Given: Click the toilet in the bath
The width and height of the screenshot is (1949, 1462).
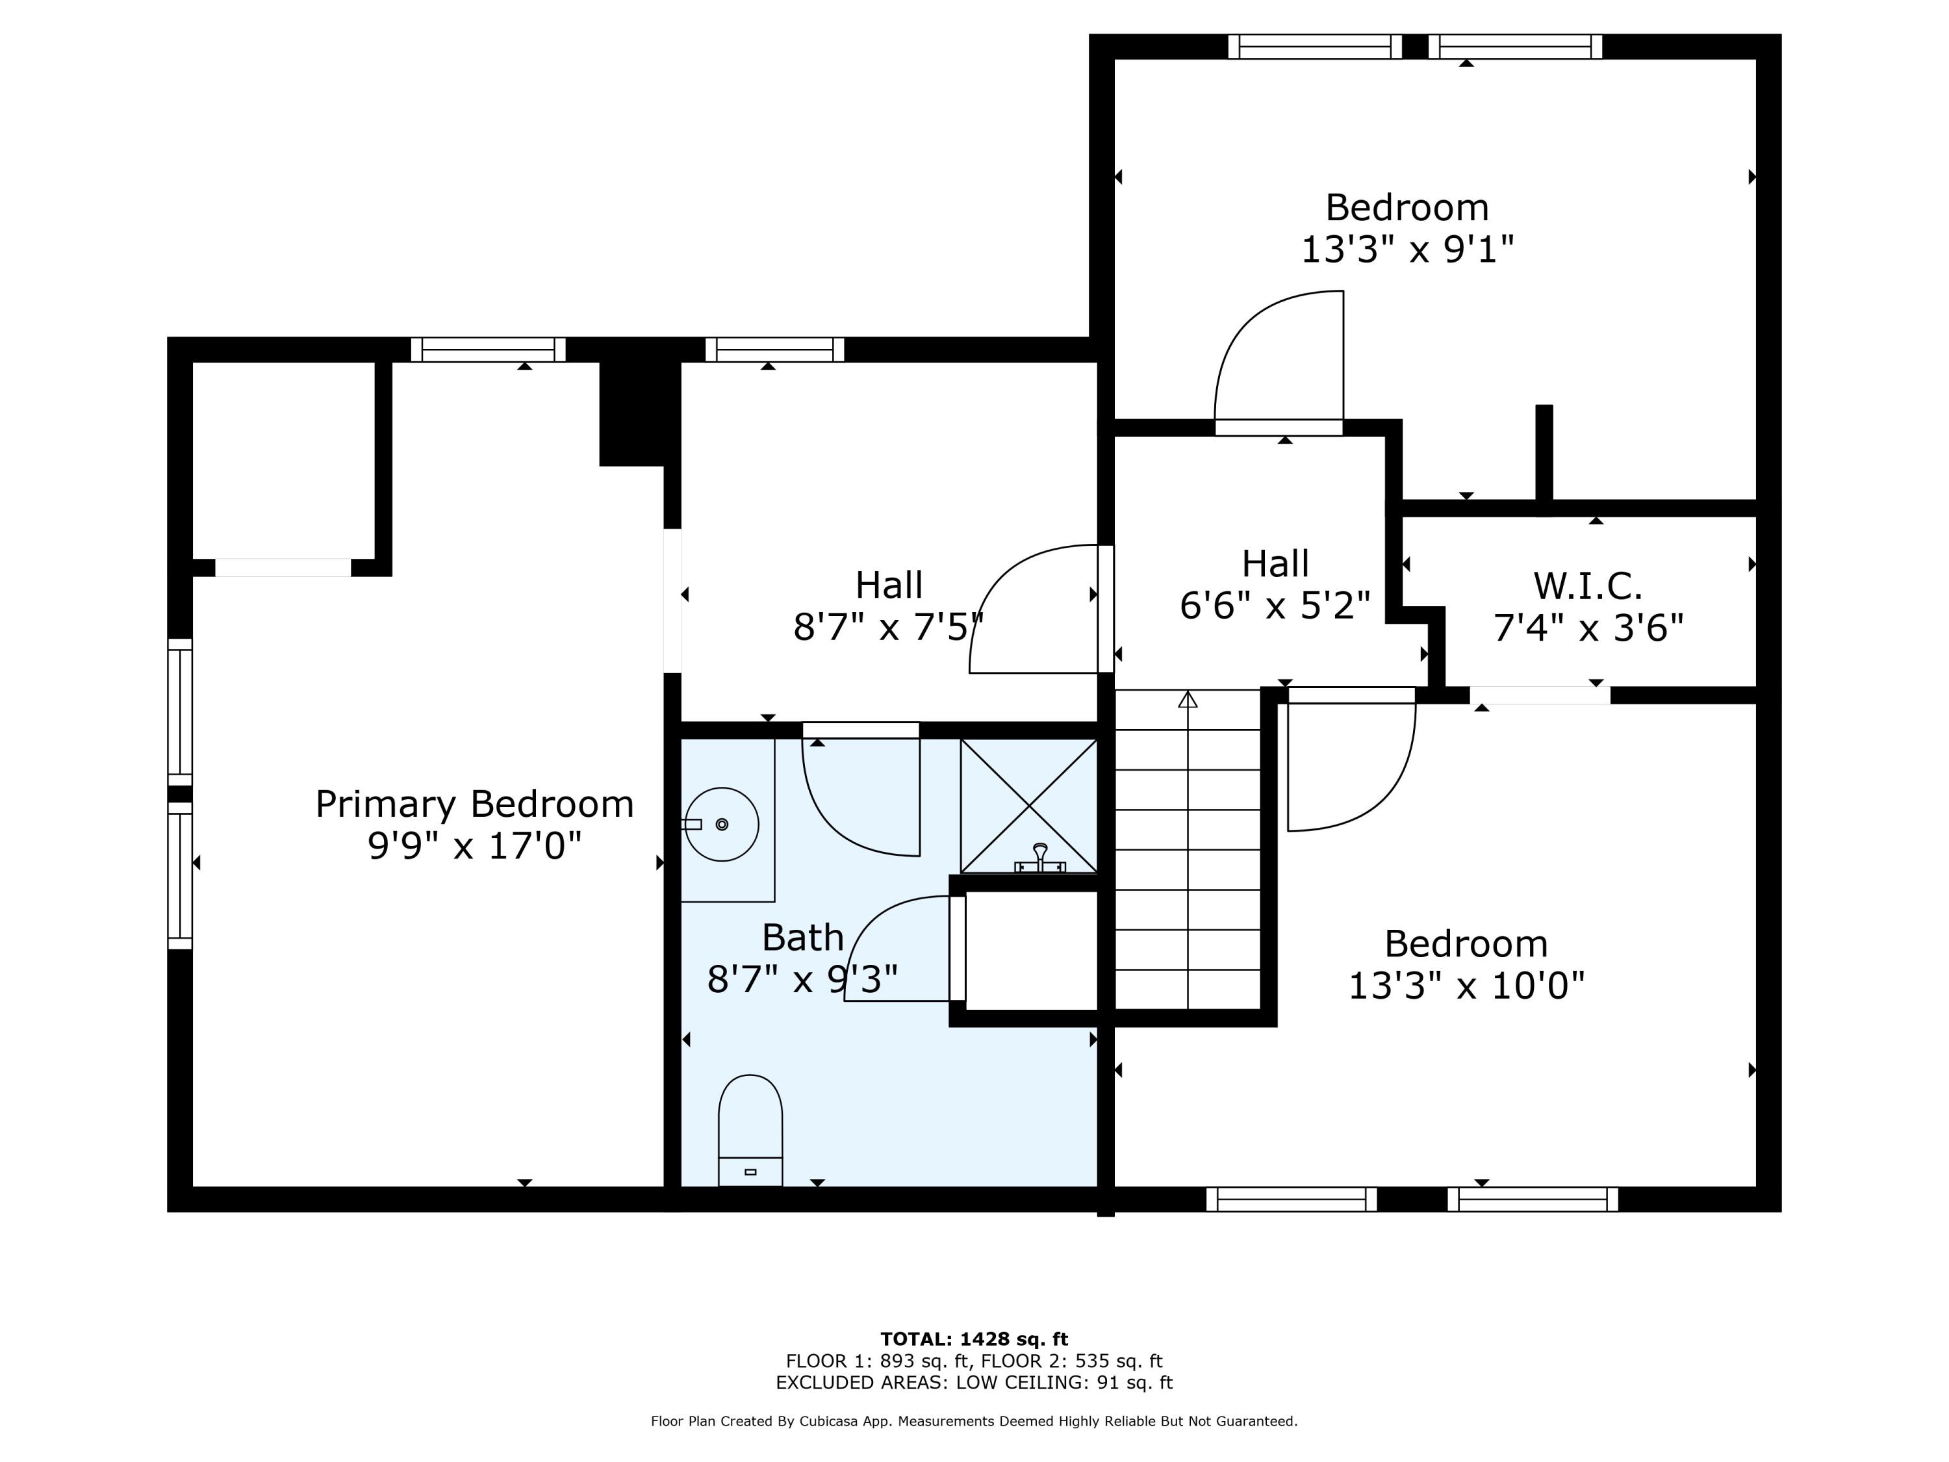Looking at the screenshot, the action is (x=750, y=1130).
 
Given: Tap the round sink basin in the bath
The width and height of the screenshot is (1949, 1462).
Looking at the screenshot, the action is (x=722, y=824).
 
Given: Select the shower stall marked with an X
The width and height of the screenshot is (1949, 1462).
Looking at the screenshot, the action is (x=1028, y=806).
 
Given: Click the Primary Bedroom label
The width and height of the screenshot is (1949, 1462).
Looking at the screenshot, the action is (x=475, y=804).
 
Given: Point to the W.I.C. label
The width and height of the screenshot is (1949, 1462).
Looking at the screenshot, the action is (x=1588, y=586).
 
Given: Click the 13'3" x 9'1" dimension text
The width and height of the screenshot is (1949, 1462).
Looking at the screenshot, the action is (x=1407, y=250).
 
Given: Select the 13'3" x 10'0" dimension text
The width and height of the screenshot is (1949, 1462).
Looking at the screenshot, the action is (x=1466, y=985).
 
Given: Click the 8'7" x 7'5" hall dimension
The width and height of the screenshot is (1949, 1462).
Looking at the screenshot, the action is (x=888, y=628).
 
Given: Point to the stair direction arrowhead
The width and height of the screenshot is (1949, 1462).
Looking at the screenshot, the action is (x=1188, y=700).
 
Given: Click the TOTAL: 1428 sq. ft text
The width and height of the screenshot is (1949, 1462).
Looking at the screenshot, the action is (x=974, y=1339).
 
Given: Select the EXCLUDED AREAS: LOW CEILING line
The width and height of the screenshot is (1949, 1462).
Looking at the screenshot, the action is (x=974, y=1383).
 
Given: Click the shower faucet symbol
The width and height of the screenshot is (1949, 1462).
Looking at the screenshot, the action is (x=1039, y=858).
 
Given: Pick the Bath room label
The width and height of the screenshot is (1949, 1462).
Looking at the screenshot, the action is (x=803, y=938).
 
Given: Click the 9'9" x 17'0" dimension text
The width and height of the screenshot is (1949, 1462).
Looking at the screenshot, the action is (x=475, y=846).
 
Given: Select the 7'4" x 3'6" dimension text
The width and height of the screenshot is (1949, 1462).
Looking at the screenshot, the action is (x=1588, y=628).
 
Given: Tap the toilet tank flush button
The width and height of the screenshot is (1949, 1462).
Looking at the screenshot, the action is (x=750, y=1171).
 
